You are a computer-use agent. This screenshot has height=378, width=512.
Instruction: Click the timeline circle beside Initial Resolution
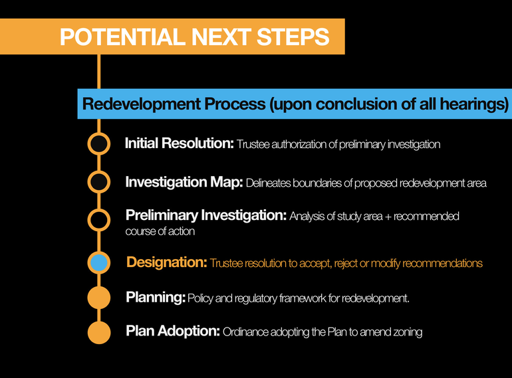pyautogui.click(x=99, y=143)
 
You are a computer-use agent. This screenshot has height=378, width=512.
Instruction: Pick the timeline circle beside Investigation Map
pyautogui.click(x=99, y=181)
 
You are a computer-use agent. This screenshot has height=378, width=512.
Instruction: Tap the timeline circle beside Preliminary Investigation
pyautogui.click(x=99, y=219)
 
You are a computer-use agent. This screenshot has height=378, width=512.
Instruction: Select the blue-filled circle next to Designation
pyautogui.click(x=99, y=262)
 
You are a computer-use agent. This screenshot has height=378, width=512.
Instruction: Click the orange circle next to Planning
pyautogui.click(x=99, y=298)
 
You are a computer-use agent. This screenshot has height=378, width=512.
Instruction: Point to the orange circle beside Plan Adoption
pyautogui.click(x=99, y=332)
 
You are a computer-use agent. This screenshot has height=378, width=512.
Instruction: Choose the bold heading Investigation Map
pyautogui.click(x=184, y=182)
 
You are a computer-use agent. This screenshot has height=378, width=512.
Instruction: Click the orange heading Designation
pyautogui.click(x=167, y=262)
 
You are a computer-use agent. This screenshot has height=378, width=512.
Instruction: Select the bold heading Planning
pyautogui.click(x=156, y=298)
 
